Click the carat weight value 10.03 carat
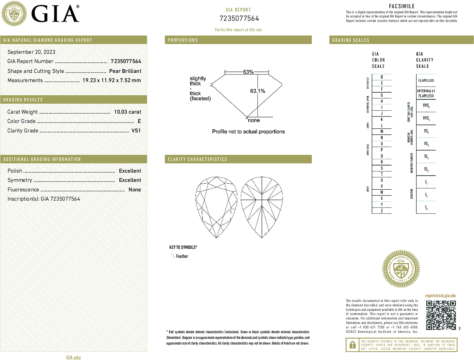[127, 112]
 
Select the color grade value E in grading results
[139, 121]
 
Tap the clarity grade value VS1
[136, 131]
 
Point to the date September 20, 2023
[31, 52]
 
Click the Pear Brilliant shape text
[125, 71]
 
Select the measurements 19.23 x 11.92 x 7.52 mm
[111, 81]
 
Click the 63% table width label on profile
[248, 72]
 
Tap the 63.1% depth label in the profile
[257, 91]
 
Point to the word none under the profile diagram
[254, 120]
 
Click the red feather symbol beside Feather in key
[173, 256]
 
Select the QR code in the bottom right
[441, 315]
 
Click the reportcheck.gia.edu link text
[440, 296]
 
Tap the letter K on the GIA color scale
[382, 119]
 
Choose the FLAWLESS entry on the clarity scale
[426, 81]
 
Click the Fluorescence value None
[135, 190]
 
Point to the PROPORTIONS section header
[183, 40]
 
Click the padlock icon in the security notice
[352, 345]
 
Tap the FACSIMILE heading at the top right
[402, 6]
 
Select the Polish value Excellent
[130, 171]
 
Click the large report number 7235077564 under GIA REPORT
[239, 18]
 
